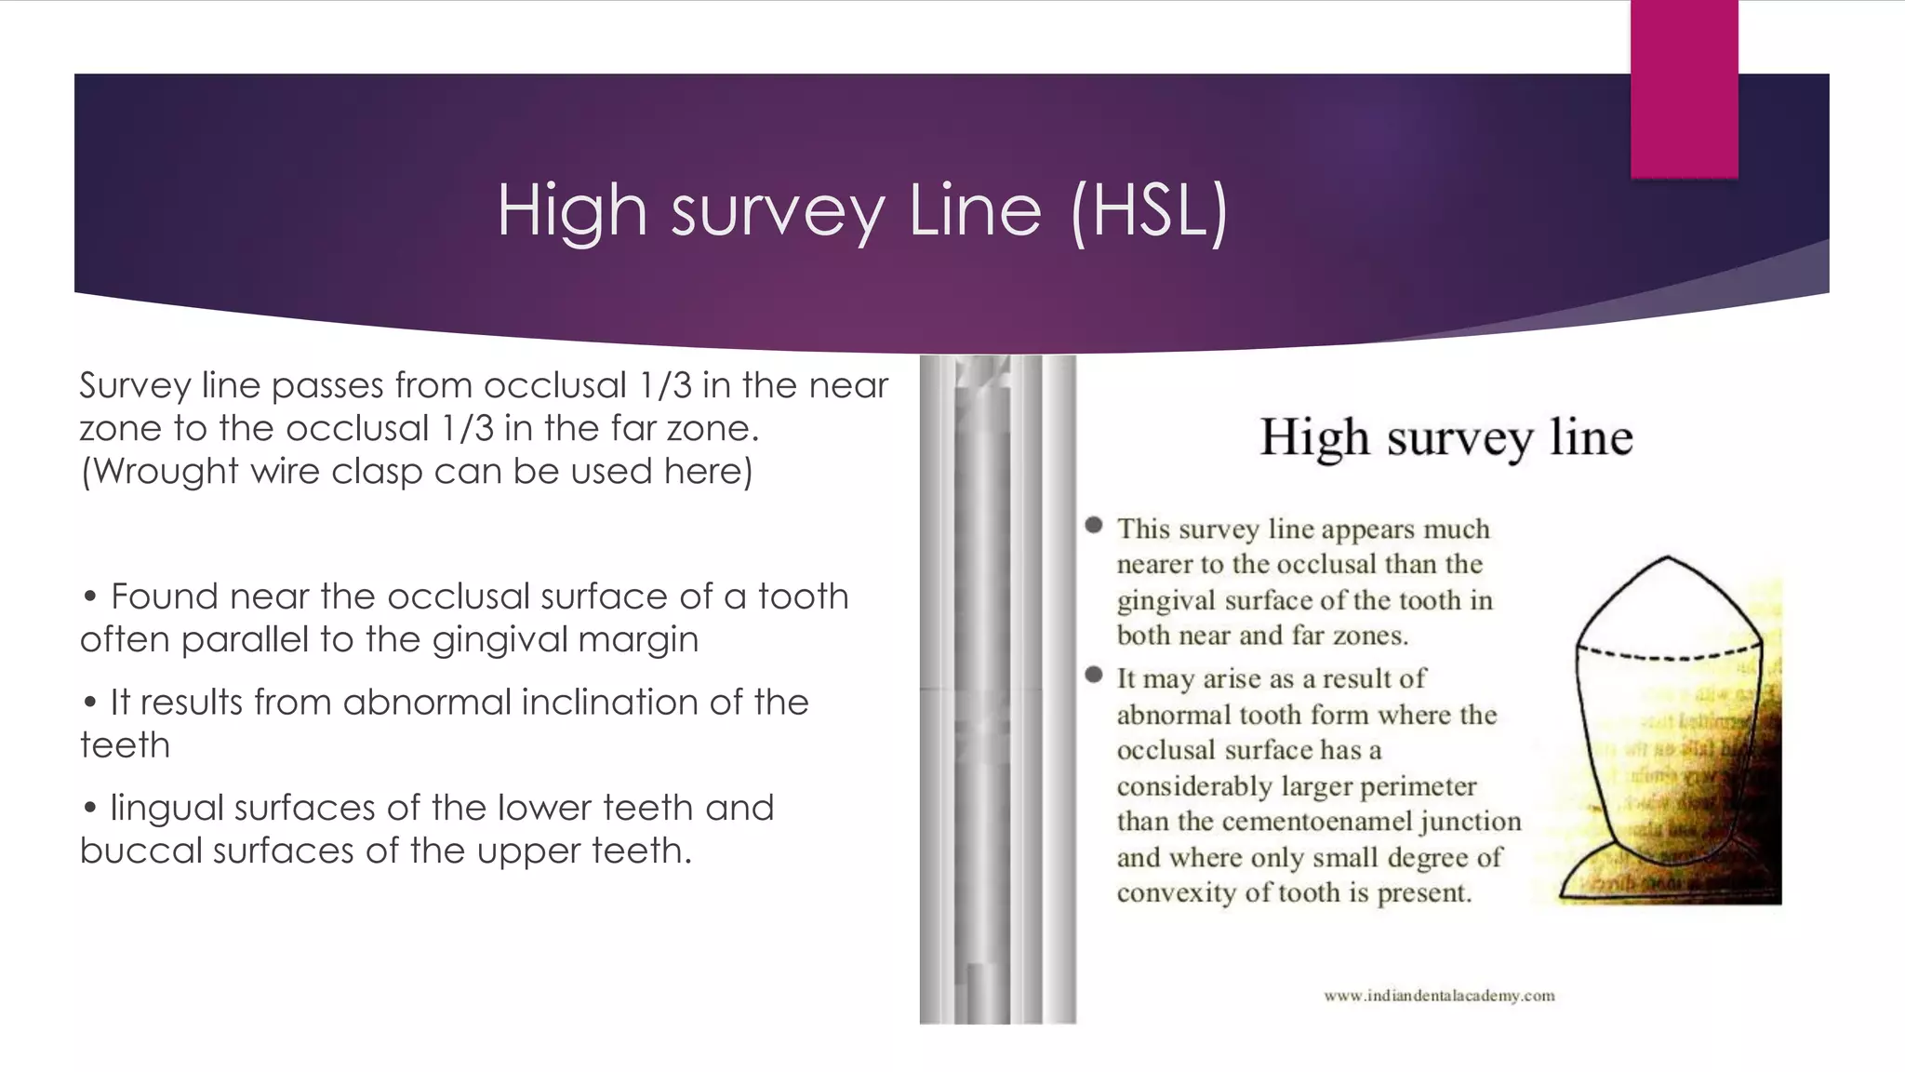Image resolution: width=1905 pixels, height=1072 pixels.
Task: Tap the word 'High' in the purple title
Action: pos(571,212)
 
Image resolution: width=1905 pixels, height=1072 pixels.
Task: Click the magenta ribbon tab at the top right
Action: pos(1684,88)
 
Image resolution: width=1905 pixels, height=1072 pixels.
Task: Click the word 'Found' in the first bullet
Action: pos(164,596)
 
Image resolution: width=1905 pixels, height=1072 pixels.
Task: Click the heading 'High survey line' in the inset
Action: pos(1445,437)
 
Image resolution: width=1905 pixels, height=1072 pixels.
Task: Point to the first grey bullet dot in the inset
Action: pos(1094,526)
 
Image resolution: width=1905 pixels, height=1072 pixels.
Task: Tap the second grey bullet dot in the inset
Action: pos(1094,675)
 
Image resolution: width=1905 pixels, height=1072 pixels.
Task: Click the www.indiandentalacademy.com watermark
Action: pos(1439,996)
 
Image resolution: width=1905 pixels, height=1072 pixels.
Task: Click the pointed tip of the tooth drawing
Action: pos(1668,558)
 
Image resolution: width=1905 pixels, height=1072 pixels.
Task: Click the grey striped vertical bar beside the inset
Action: pos(997,689)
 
